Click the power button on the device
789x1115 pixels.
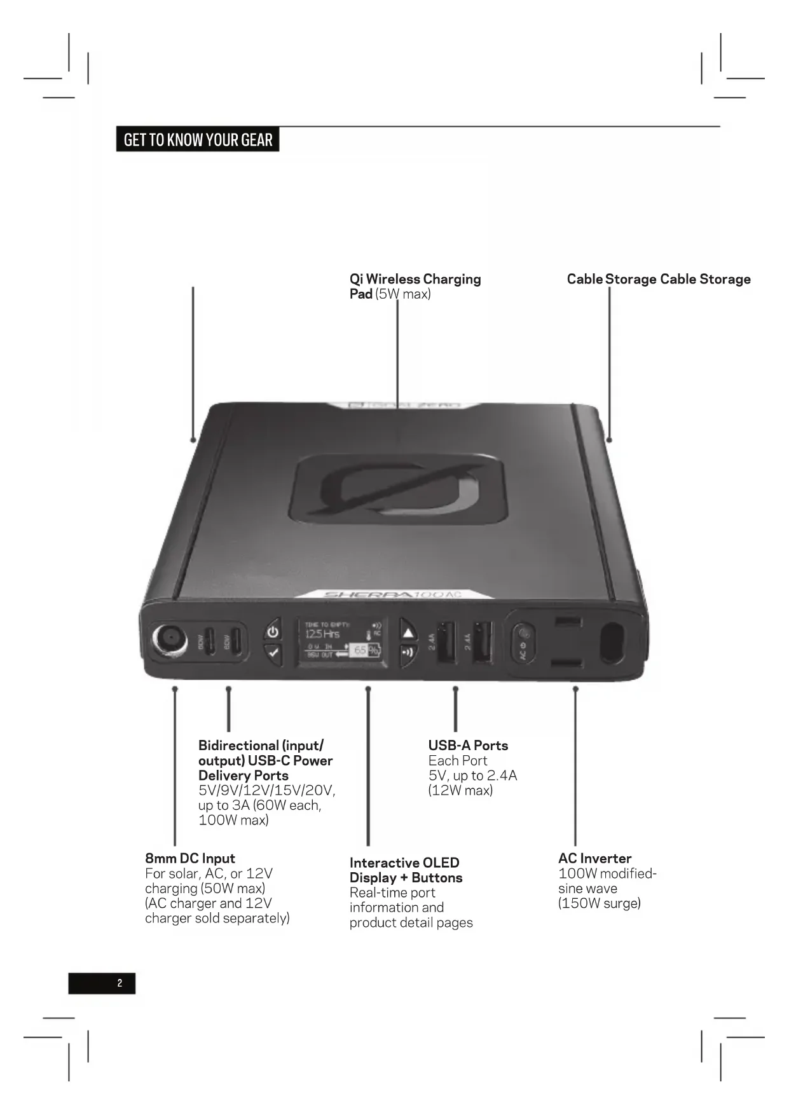[x=273, y=632]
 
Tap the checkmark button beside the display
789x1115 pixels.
[x=273, y=652]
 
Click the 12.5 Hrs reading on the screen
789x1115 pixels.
[x=322, y=634]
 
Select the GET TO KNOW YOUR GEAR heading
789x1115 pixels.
[x=198, y=140]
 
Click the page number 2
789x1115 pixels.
[x=120, y=983]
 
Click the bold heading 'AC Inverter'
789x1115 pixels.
[x=594, y=858]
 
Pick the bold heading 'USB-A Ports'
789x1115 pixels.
[x=468, y=745]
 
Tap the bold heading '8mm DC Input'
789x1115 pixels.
[x=189, y=858]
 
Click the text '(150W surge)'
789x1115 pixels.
[x=599, y=903]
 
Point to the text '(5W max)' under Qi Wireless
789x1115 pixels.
[x=402, y=294]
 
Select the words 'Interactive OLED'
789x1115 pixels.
[x=404, y=863]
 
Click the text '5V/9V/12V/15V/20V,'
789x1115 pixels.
[x=266, y=790]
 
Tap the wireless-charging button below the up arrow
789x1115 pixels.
[x=408, y=652]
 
